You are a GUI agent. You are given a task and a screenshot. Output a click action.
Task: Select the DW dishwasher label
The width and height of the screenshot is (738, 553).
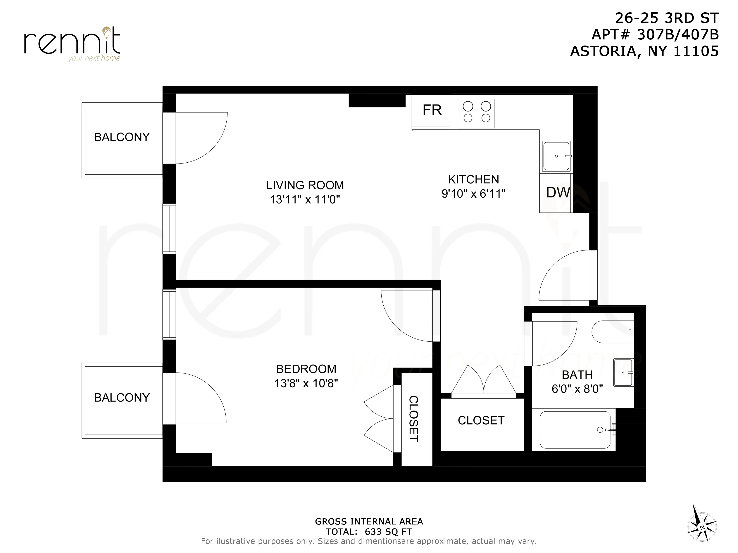point(558,193)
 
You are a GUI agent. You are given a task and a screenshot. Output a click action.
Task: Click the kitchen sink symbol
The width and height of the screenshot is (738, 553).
point(556,156)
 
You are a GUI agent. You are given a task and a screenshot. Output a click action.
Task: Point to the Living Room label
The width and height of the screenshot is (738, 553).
point(305,185)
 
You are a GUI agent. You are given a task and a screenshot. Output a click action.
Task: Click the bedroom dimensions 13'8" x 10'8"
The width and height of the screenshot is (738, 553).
point(306,383)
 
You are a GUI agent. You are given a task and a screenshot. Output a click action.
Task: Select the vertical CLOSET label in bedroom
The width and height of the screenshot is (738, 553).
point(413,419)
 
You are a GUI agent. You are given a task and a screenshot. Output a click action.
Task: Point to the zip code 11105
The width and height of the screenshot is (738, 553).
point(696,51)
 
